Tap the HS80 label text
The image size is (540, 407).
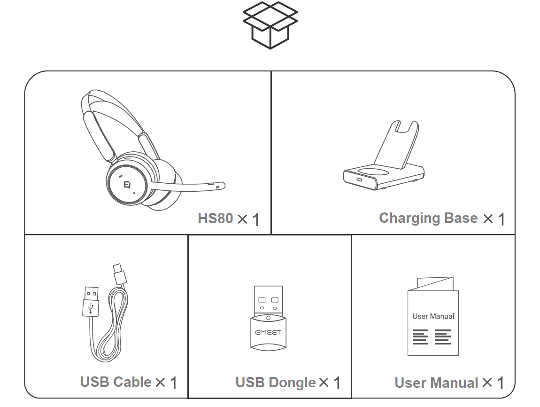point(216,218)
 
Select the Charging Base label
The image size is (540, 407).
point(428,218)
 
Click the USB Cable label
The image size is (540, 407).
point(116,382)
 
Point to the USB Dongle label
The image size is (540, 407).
point(276,383)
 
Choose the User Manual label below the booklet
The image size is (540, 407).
point(436,383)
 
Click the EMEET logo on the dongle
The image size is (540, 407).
point(268,333)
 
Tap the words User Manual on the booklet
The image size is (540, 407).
point(433,316)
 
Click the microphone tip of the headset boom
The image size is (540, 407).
point(219,187)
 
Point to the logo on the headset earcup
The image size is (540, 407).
point(127,184)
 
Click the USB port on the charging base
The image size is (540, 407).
point(360,180)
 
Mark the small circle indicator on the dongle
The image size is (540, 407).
point(268,318)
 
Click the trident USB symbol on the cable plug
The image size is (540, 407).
point(91,308)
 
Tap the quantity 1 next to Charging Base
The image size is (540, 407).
point(501,219)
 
